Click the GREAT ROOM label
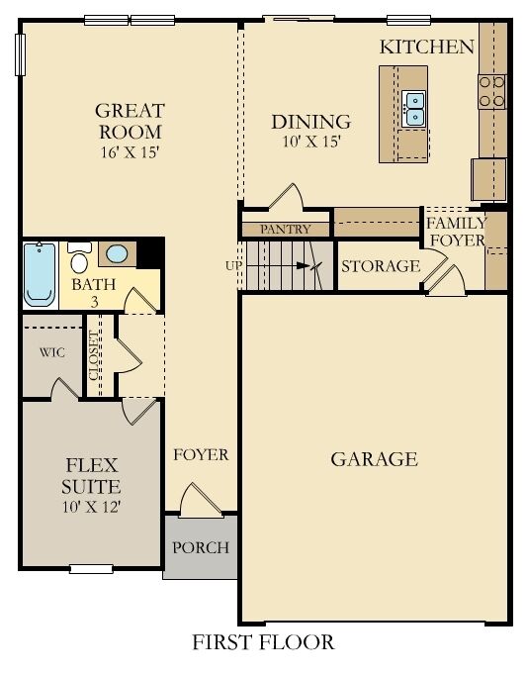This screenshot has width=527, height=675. coord(130,121)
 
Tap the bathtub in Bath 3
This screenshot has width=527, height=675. coord(42,272)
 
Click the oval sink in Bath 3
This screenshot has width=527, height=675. coord(116,254)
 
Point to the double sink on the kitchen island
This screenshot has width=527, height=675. coord(414,108)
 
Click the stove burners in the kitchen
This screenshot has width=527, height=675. coord(491,92)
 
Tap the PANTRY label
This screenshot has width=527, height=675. coord(285,230)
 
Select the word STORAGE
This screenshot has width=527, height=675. coord(381,266)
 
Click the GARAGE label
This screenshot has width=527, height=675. coord(374,459)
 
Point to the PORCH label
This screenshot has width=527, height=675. coord(200,547)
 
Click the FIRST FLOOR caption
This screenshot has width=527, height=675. coord(263,642)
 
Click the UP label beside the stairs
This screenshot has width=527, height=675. coord(232,265)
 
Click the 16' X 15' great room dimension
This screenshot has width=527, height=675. coord(130,153)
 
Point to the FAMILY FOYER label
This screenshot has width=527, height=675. coord(456,232)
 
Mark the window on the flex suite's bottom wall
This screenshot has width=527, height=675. coord(92,568)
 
